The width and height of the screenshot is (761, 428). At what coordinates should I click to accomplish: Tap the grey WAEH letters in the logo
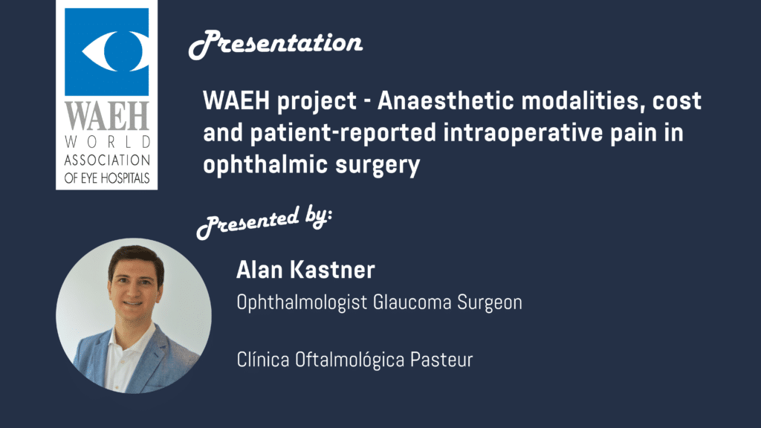click(x=107, y=116)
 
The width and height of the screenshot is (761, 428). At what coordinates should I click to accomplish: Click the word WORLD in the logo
click(x=107, y=142)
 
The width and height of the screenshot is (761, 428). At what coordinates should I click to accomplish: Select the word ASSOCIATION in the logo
click(x=107, y=160)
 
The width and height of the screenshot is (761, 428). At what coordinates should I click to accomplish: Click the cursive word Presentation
click(x=276, y=44)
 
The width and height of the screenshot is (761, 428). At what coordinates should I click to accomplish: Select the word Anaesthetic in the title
click(x=446, y=101)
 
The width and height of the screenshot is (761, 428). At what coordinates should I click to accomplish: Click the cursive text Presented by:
click(x=265, y=221)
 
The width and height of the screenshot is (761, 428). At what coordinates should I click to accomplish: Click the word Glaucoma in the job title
click(x=412, y=302)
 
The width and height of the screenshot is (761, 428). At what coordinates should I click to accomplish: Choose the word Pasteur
click(x=441, y=360)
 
